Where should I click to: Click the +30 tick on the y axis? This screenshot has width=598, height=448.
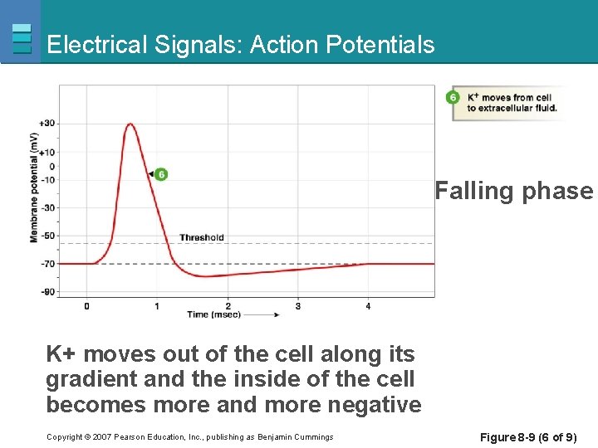(x=47, y=124)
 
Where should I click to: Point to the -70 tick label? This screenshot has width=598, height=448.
(x=47, y=264)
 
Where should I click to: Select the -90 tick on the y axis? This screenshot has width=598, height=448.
(x=47, y=291)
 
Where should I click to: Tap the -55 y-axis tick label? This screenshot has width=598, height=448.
(x=47, y=236)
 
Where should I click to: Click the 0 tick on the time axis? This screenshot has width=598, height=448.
(x=86, y=306)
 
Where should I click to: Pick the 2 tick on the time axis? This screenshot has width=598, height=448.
(x=228, y=306)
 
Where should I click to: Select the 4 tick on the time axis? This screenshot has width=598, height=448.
(x=368, y=306)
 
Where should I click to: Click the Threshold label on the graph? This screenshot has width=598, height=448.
(x=201, y=237)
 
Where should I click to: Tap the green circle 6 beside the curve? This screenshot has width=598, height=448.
(x=160, y=174)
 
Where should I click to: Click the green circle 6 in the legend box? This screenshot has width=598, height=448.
(x=453, y=98)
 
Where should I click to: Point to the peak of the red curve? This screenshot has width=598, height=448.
(x=130, y=124)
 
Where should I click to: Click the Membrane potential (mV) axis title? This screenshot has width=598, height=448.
(x=34, y=187)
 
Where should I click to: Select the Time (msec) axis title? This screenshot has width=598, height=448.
(x=209, y=315)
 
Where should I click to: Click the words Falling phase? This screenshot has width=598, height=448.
(x=514, y=191)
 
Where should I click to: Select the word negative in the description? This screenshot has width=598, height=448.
(x=374, y=405)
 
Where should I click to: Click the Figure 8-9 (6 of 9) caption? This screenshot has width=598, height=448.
(x=528, y=437)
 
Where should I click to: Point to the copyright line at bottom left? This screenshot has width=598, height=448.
(x=189, y=437)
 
